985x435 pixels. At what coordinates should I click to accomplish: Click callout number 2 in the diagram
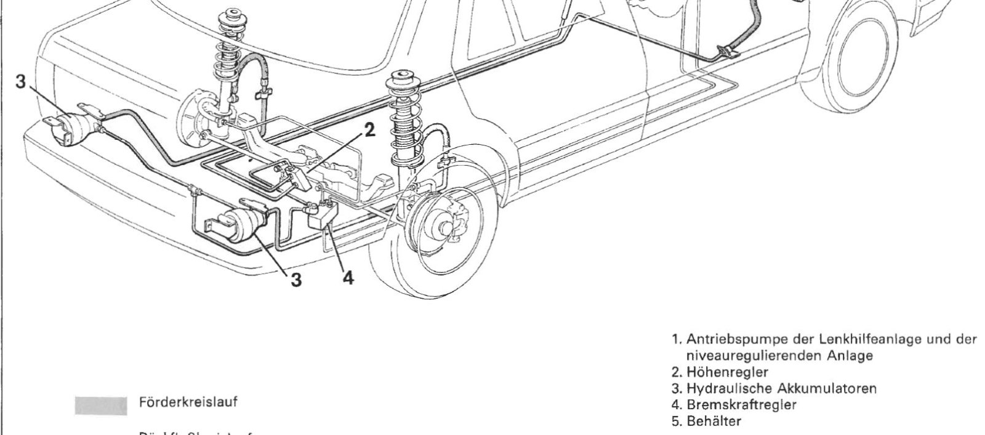(369, 130)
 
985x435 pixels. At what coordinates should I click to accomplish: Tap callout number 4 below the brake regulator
(348, 278)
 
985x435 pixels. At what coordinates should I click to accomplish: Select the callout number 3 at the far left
(21, 83)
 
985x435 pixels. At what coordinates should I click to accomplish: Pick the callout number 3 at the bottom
(297, 280)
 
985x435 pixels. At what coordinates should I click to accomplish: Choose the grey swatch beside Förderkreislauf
(100, 405)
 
